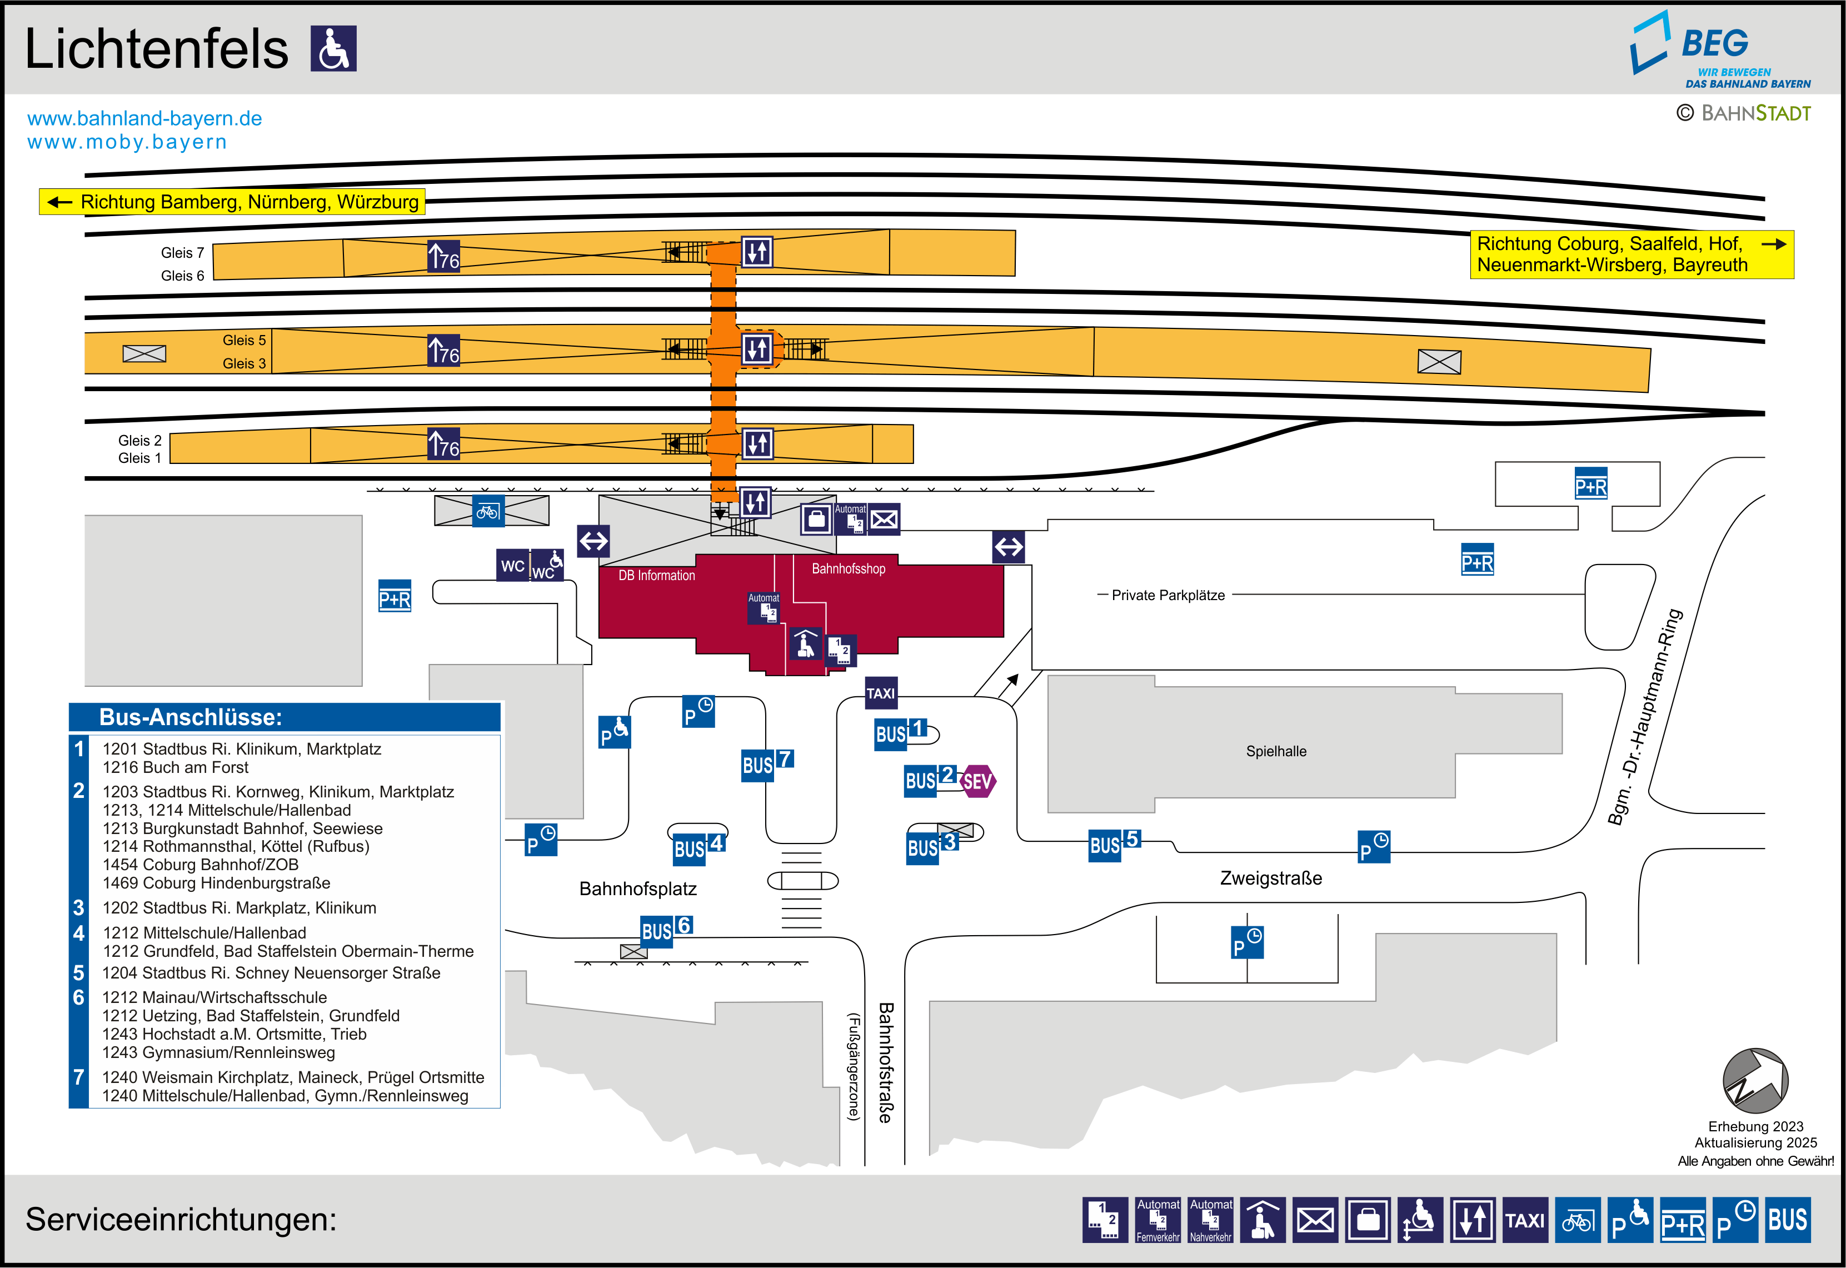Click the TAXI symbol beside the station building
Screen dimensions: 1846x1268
[880, 693]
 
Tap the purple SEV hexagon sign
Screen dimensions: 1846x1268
[977, 782]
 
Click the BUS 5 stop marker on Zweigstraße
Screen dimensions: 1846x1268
[1114, 845]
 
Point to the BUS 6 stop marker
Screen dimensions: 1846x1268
[666, 930]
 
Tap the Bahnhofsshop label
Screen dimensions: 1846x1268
[849, 569]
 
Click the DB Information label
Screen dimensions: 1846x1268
[657, 575]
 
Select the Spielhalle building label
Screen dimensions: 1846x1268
[1276, 752]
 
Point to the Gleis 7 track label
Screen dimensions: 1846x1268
[182, 253]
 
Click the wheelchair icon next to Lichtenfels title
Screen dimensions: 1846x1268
[333, 48]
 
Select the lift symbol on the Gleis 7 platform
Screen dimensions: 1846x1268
[757, 252]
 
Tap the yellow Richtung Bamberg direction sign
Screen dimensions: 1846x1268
[232, 202]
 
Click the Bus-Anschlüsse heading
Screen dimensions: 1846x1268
[191, 717]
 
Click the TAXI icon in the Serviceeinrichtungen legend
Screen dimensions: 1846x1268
[1525, 1220]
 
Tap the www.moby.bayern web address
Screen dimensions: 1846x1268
[127, 142]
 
